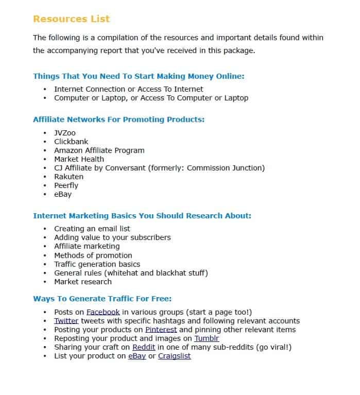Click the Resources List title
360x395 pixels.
(71, 19)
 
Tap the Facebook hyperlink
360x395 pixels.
(103, 312)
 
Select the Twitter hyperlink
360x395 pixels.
(66, 321)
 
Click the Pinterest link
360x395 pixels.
(161, 330)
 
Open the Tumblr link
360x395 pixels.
(206, 338)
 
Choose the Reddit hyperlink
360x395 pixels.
(144, 347)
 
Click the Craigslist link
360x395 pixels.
(174, 356)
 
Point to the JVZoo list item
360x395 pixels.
(65, 133)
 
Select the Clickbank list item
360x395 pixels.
(71, 142)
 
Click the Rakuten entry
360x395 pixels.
(68, 177)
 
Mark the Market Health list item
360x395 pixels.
(79, 159)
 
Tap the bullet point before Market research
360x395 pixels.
(45, 282)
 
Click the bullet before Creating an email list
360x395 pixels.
(45, 229)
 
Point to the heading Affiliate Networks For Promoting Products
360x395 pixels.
(118, 119)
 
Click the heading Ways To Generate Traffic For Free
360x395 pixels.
(102, 299)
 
